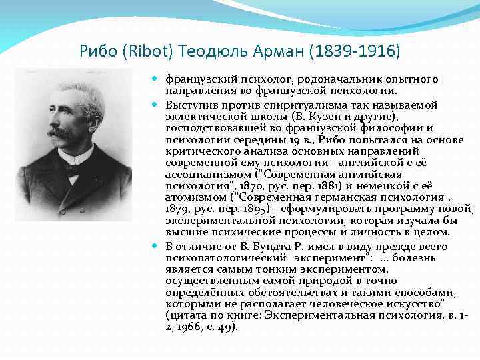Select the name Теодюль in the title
point(214,51)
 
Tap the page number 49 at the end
point(227,328)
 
